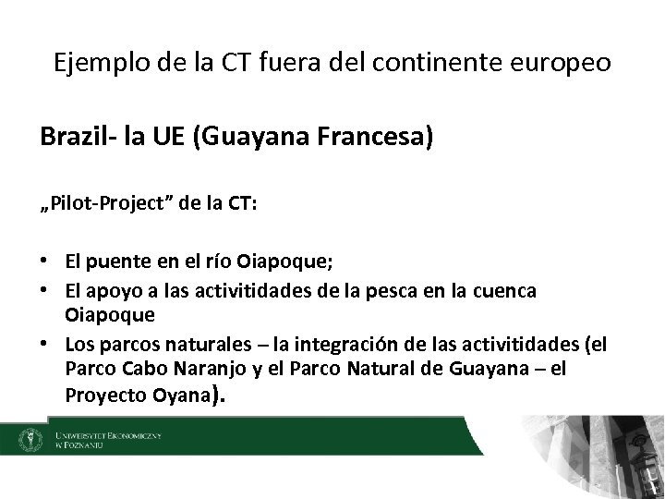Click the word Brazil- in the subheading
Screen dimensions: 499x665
tap(76, 139)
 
